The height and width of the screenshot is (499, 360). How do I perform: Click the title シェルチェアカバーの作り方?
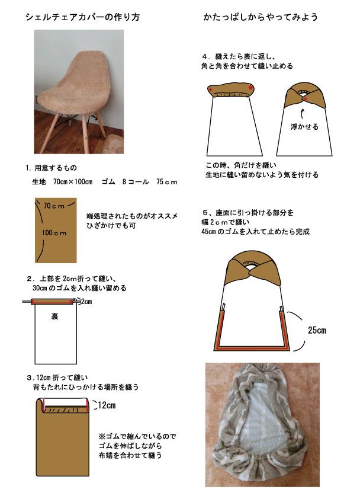click(x=82, y=17)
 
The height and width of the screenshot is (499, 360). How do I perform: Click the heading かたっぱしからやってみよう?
click(x=261, y=17)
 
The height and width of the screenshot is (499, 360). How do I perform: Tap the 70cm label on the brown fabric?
click(x=54, y=206)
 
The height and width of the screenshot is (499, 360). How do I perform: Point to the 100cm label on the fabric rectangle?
click(x=54, y=233)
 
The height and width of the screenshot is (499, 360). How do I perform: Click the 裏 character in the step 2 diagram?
click(x=54, y=316)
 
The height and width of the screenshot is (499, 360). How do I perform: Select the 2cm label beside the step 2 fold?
click(x=86, y=302)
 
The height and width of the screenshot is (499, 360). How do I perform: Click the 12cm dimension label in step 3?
click(x=107, y=405)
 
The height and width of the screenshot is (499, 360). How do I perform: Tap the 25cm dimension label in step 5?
click(x=317, y=330)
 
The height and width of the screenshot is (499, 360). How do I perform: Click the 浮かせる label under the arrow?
click(x=304, y=127)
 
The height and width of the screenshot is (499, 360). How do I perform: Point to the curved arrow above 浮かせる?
click(x=302, y=114)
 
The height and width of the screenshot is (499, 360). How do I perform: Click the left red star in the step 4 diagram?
click(x=211, y=89)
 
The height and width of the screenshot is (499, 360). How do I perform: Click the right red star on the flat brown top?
click(x=250, y=87)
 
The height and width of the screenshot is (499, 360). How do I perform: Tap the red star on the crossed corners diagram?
click(x=306, y=100)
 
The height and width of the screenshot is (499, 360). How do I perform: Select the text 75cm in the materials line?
click(x=166, y=182)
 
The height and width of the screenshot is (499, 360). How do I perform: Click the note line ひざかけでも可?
click(x=111, y=226)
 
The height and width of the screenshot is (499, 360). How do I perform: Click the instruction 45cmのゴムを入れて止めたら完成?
click(x=255, y=231)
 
